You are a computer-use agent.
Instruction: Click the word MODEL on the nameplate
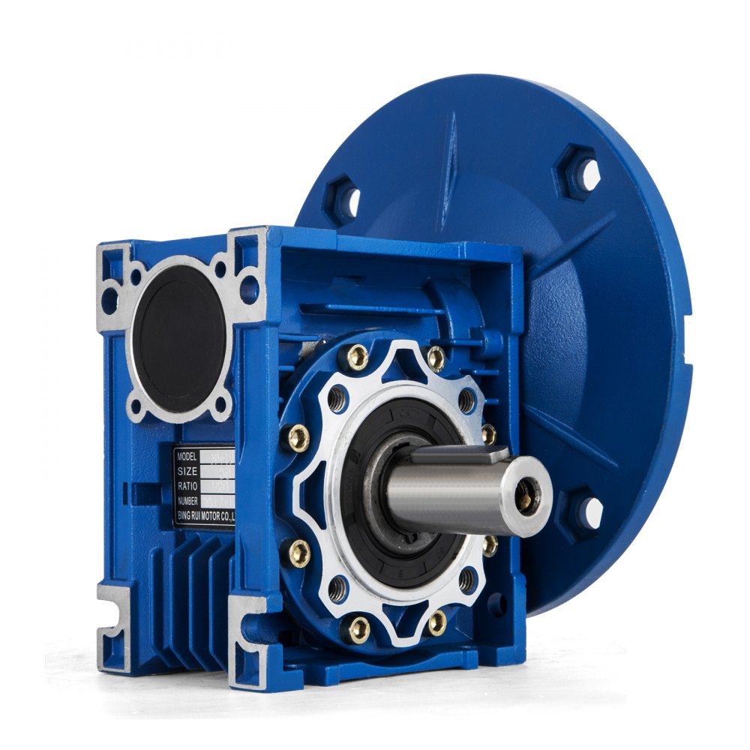(x=188, y=456)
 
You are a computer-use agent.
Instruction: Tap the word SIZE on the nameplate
(x=187, y=471)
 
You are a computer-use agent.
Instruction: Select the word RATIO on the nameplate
(x=187, y=486)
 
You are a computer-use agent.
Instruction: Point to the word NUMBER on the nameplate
(x=189, y=500)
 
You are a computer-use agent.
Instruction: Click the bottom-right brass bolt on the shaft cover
(x=436, y=622)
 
